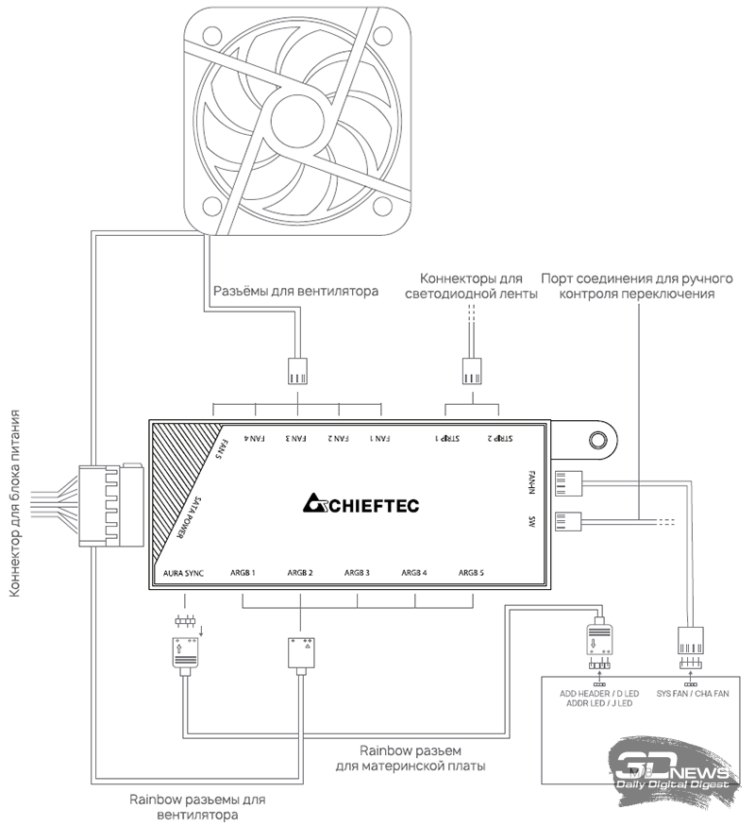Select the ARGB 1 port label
[243, 573]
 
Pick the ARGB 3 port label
[357, 573]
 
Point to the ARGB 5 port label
[470, 573]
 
